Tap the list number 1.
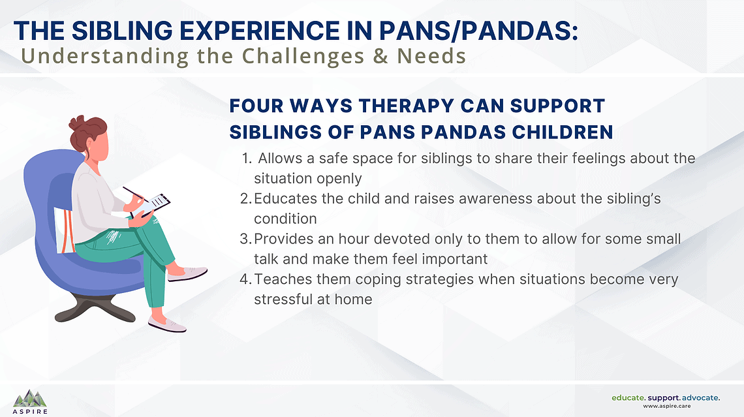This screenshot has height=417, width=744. pos(245,159)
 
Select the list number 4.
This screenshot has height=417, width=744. pos(245,280)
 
